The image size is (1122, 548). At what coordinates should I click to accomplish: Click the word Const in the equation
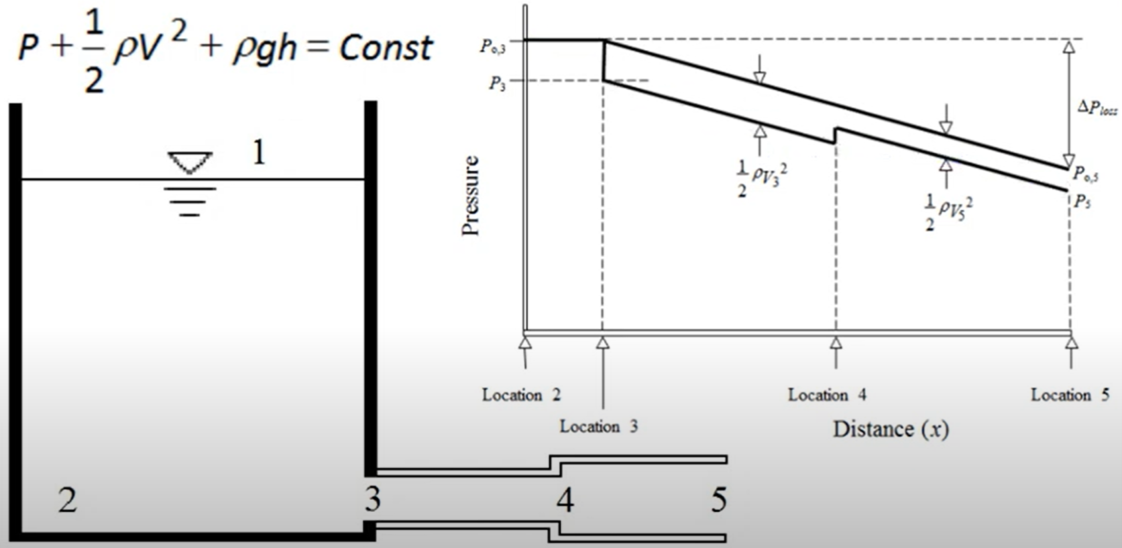pos(386,48)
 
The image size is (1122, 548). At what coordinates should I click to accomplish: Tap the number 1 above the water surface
pos(259,153)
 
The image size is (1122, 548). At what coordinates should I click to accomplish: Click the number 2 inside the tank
pos(67,500)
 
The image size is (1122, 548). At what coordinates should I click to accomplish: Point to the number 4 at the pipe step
pos(565,500)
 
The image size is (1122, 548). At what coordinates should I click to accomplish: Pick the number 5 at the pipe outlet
pos(718,500)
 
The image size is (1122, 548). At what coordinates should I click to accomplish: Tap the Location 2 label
pos(521,395)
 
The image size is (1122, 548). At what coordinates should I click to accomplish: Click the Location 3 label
pos(598,426)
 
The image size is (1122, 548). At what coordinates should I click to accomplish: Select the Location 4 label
pos(826,395)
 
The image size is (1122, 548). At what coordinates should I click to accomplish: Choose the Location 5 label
pos(1070,395)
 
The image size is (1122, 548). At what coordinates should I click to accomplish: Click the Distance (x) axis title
pos(891,429)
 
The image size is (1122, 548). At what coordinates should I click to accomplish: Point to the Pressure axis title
pos(471,195)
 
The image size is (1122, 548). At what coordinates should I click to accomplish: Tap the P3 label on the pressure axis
pos(497,84)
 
